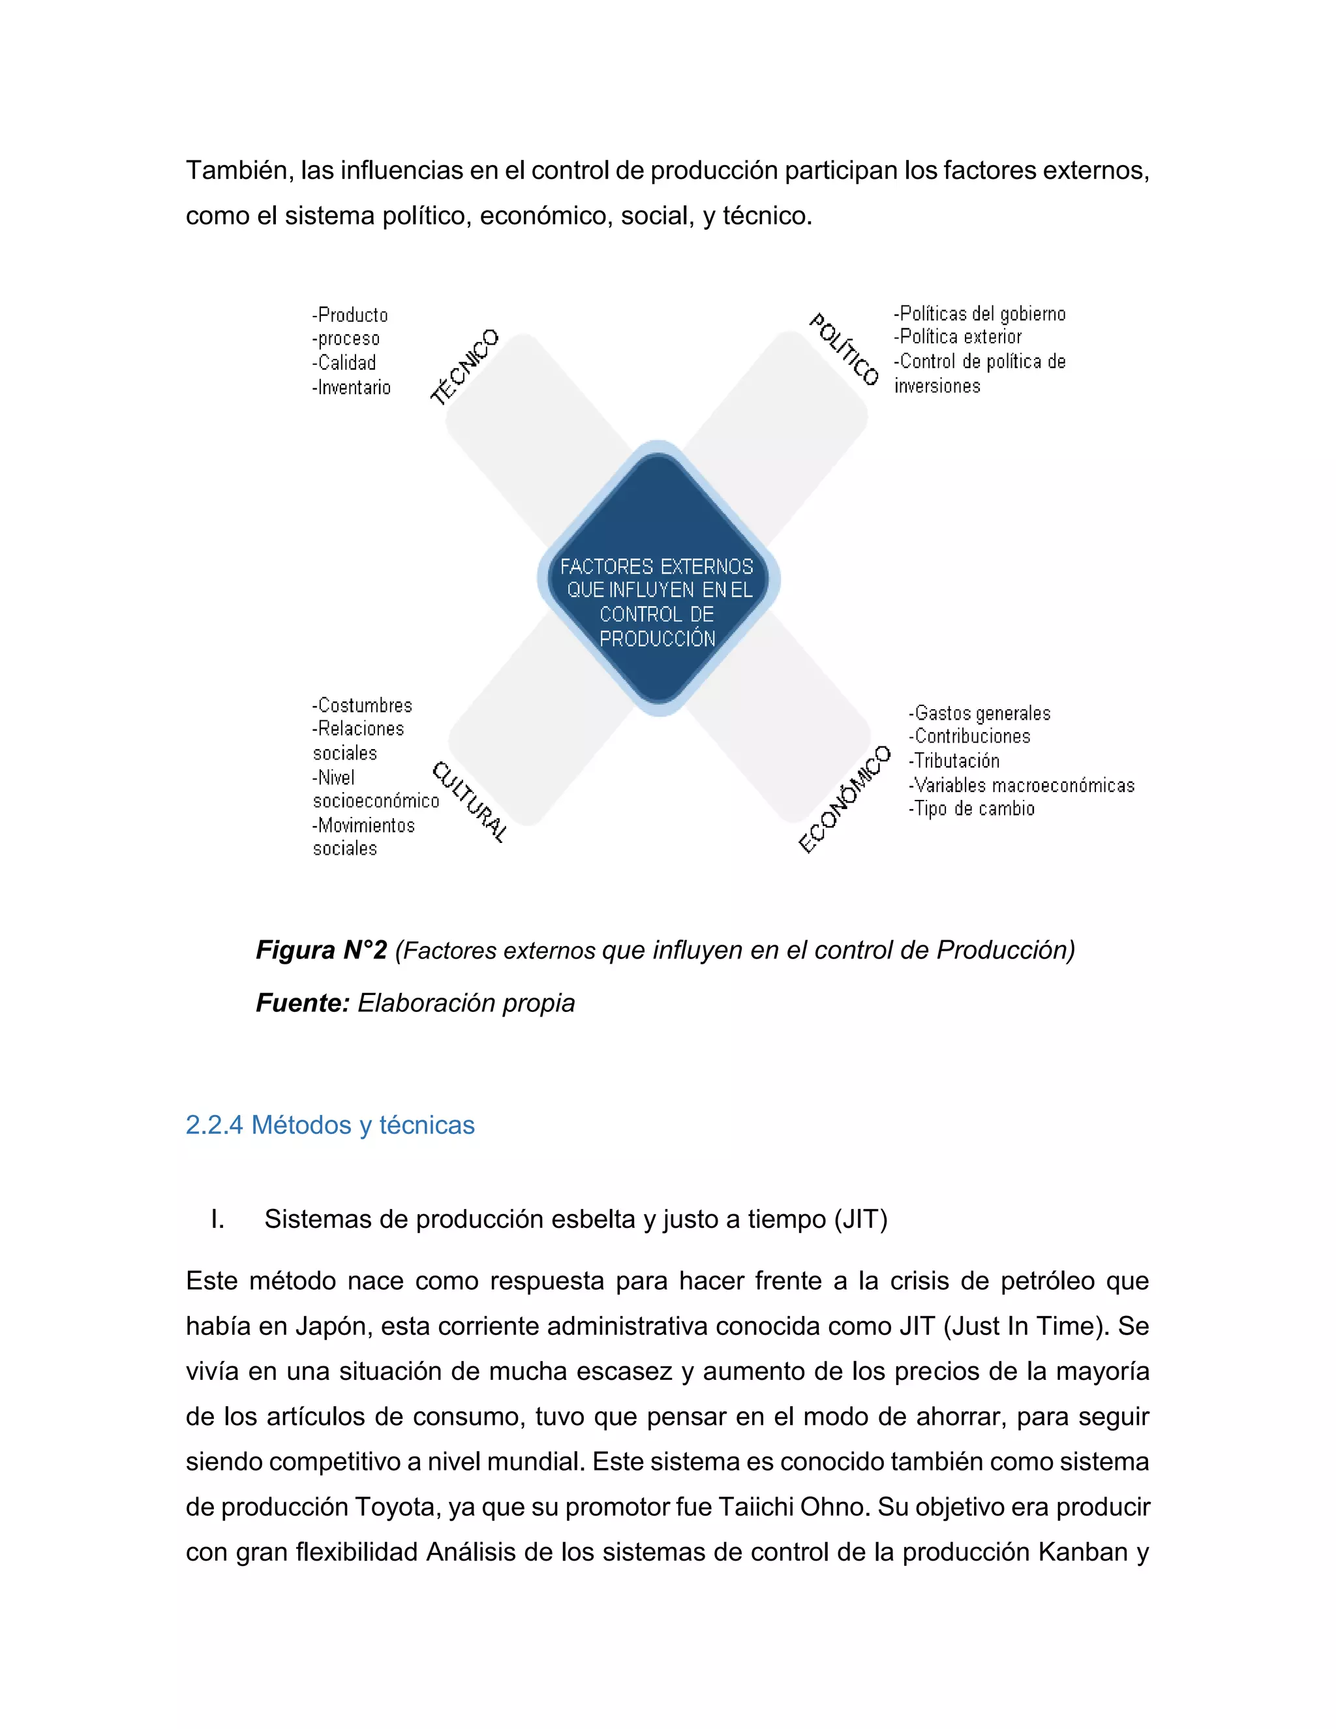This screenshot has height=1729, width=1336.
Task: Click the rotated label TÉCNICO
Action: pos(464,367)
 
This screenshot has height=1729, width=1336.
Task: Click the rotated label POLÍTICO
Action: pos(843,349)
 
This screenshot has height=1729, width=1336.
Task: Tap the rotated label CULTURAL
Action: pos(469,801)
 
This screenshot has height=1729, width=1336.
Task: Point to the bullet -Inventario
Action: pos(352,387)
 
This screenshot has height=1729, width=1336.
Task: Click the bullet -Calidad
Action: pos(344,363)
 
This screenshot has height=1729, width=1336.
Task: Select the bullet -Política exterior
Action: pos(958,337)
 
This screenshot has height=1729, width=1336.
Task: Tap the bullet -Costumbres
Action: pos(363,705)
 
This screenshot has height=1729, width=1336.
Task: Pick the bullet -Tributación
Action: pos(954,761)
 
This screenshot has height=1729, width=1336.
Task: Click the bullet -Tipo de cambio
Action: pos(972,808)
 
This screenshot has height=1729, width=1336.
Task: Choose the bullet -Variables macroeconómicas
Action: pos(1022,786)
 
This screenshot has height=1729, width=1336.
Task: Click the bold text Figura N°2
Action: pos(322,949)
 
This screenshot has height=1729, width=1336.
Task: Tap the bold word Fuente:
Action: pos(302,1002)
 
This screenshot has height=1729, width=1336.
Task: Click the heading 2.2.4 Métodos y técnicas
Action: pos(330,1125)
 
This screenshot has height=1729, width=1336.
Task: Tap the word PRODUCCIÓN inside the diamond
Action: pos(657,639)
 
